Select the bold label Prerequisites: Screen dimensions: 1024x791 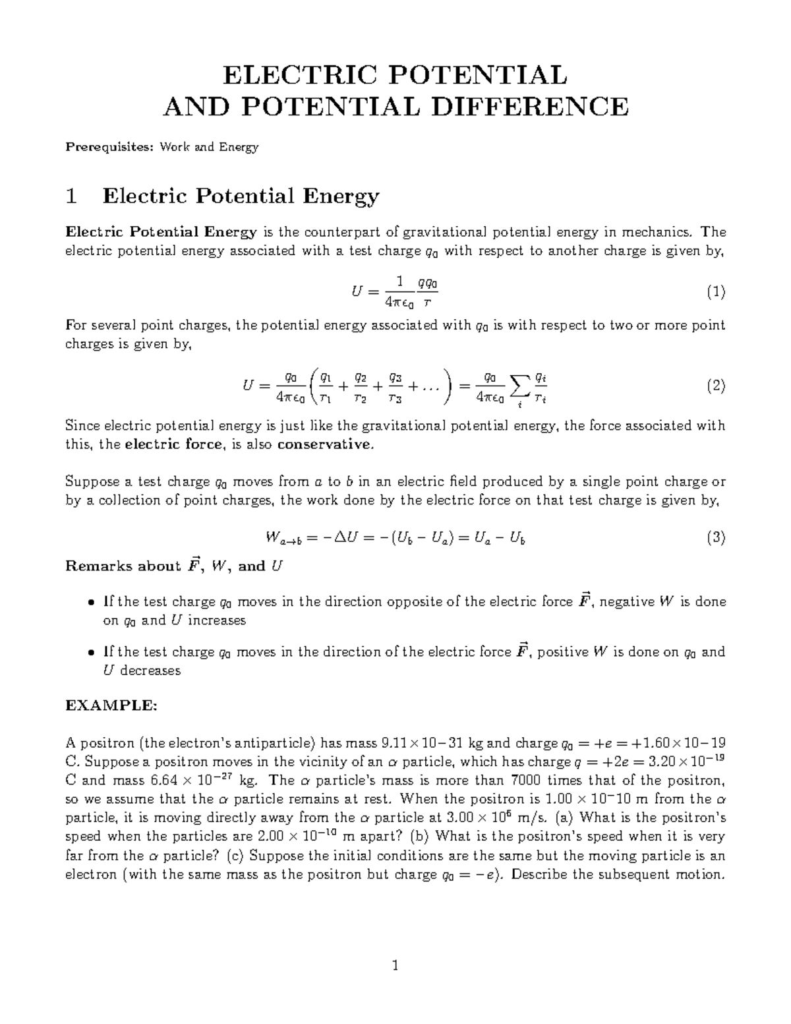point(107,147)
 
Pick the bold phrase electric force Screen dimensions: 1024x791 point(173,444)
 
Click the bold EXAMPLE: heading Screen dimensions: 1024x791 point(111,706)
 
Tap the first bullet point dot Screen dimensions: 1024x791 point(91,603)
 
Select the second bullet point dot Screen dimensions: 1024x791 point(91,653)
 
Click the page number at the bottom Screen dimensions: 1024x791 point(395,967)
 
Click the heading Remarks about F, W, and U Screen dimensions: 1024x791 point(174,566)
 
